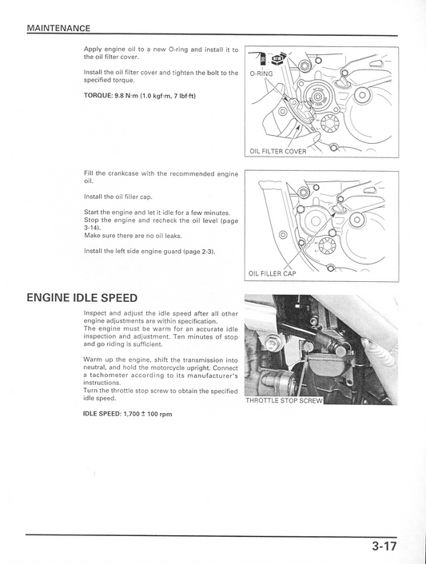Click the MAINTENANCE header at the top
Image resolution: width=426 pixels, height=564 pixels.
58,28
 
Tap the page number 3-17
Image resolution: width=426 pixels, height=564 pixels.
384,547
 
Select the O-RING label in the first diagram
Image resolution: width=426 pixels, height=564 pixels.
261,73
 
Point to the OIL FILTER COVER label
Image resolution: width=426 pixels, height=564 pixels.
277,151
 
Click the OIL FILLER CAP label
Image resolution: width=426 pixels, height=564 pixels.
272,273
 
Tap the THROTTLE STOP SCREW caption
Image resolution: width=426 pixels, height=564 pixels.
283,400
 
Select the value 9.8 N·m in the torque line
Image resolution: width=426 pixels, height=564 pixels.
126,96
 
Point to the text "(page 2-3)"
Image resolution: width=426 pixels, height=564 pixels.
199,251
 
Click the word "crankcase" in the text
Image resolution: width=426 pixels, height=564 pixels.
129,173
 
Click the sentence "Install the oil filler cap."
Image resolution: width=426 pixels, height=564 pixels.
117,197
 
